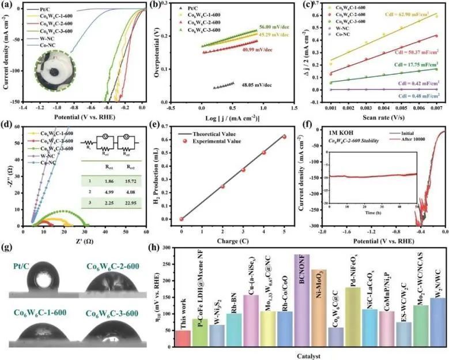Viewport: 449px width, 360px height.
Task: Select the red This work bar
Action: coord(183,339)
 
